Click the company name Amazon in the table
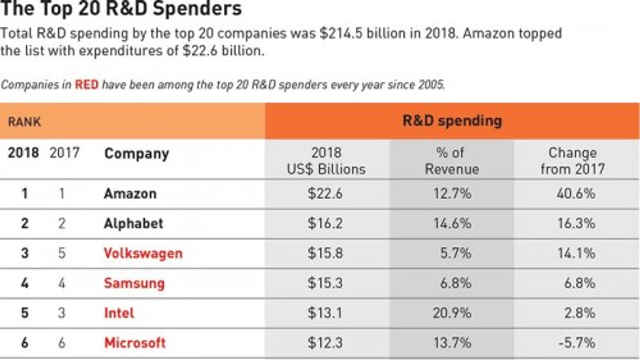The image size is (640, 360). point(130,194)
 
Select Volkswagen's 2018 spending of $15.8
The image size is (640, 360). point(325,253)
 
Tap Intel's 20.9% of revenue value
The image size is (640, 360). point(452,313)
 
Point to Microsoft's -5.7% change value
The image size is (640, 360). point(576,343)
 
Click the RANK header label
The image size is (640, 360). point(24,122)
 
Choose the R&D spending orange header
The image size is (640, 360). point(452,121)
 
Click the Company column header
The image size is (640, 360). point(136,154)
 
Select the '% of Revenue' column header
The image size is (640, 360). point(452,161)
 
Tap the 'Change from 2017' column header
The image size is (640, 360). point(572,161)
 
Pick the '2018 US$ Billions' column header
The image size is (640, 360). point(326,161)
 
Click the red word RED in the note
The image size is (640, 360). point(86,85)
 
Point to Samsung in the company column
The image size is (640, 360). point(134,283)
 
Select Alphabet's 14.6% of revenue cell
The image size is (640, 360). point(452,223)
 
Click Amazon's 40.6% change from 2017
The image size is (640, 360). point(576,194)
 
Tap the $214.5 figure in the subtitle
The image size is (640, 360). point(341,33)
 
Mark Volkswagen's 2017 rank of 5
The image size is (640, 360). point(62,253)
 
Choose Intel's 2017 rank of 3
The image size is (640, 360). point(61,313)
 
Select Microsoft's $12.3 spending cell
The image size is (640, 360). point(325,343)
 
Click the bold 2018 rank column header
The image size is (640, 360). point(23,153)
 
